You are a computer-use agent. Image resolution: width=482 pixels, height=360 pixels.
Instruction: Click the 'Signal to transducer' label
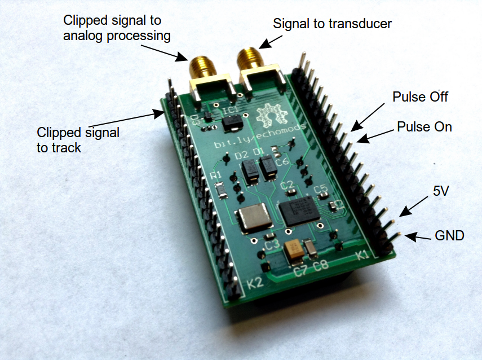click(x=332, y=24)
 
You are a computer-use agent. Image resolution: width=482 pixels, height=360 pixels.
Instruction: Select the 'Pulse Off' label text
click(x=420, y=96)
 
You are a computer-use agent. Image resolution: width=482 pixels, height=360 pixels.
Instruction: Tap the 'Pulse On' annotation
click(x=424, y=126)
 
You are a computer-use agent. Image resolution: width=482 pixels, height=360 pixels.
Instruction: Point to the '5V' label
click(x=441, y=191)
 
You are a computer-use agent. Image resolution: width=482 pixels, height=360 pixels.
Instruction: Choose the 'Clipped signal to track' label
click(x=78, y=140)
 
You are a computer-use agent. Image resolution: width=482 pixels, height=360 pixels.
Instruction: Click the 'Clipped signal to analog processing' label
click(x=117, y=28)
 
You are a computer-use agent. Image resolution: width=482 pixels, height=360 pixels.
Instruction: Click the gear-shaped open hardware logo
click(x=271, y=116)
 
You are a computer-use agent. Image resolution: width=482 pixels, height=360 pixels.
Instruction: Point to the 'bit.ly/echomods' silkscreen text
click(x=260, y=136)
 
